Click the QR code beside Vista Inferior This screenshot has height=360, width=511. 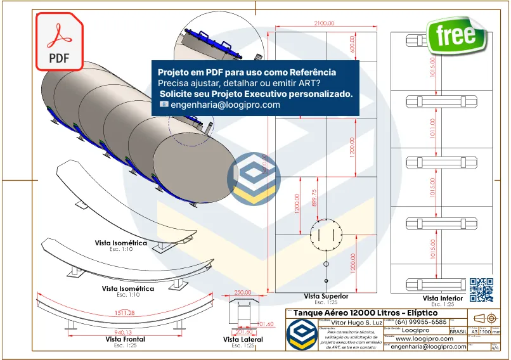click(x=481, y=289)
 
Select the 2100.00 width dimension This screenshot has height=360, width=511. click(x=323, y=23)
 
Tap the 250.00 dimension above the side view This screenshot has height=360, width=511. click(x=243, y=293)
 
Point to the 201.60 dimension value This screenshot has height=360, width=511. click(x=244, y=331)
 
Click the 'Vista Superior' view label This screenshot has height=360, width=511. click(x=326, y=296)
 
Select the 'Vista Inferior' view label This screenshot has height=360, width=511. click(x=443, y=298)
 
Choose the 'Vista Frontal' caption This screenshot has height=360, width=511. click(x=126, y=339)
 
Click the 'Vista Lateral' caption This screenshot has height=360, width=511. click(x=243, y=340)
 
